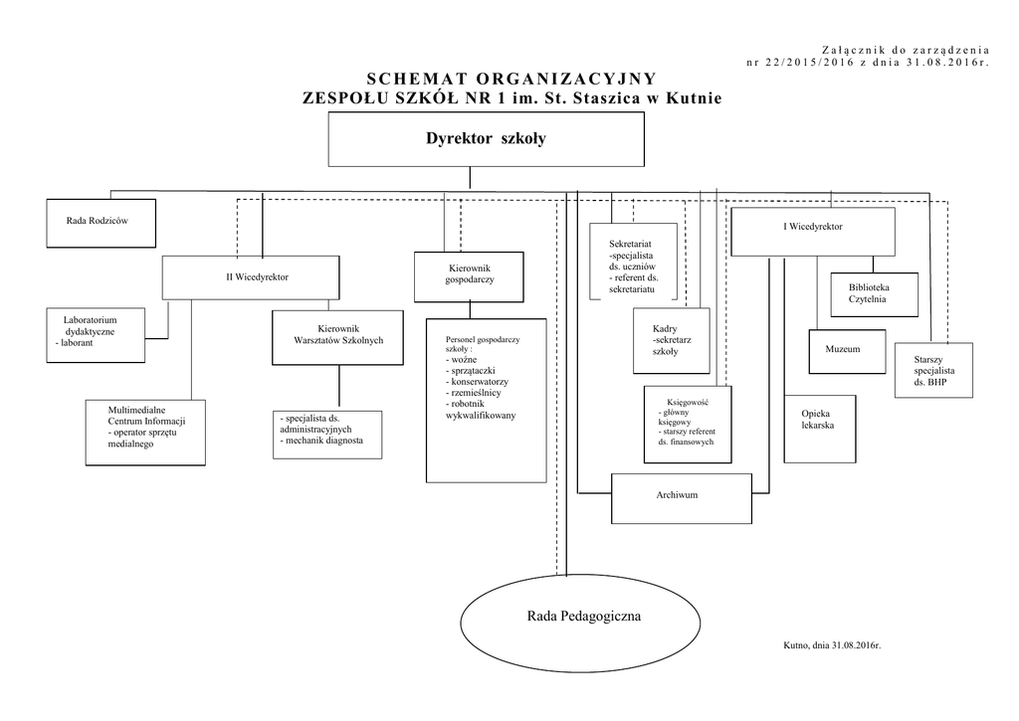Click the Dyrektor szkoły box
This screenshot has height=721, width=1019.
pos(486,139)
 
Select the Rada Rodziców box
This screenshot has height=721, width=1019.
pos(101,223)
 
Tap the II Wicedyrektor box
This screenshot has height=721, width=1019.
pos(251,277)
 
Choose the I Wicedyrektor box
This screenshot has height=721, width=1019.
pos(813,232)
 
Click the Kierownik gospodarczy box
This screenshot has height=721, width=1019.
pos(469,276)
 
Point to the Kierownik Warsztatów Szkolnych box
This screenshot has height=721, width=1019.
pos(338,337)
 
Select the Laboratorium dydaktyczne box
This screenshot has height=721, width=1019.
pos(96,335)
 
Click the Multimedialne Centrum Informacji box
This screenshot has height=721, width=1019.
pos(145,433)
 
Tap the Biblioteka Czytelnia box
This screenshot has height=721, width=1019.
pos(875,294)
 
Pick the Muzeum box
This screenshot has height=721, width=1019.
pos(848,351)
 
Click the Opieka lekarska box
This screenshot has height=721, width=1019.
pos(820,429)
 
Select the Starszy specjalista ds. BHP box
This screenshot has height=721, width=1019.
pos(933,370)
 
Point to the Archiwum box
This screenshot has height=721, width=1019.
pos(682,498)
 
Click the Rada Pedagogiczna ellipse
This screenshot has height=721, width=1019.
pos(580,623)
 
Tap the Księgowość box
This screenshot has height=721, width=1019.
pos(688,425)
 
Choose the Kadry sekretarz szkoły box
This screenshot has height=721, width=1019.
pos(672,341)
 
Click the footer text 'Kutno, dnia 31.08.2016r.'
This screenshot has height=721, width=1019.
pos(832,645)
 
